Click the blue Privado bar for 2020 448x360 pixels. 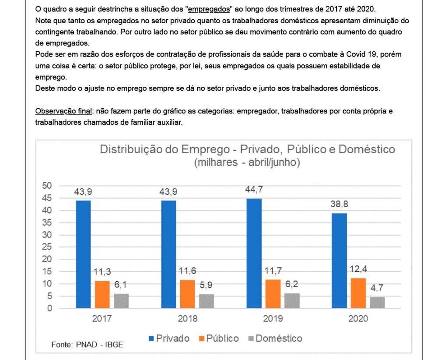click(339, 261)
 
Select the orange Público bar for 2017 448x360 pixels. click(102, 294)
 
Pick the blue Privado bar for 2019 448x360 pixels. click(254, 253)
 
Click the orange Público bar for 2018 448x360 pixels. click(187, 294)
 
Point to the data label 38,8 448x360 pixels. click(339, 204)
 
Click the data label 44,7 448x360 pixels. click(254, 190)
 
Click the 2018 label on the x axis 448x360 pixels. click(187, 319)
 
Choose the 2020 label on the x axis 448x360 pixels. click(358, 319)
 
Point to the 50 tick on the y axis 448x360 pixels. click(47, 185)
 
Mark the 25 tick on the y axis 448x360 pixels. click(47, 247)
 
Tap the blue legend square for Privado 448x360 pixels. click(151, 339)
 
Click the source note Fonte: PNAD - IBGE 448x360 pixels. click(87, 345)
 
